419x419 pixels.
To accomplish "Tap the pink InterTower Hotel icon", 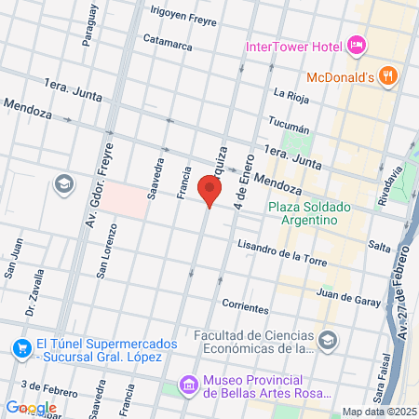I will (x=357, y=46).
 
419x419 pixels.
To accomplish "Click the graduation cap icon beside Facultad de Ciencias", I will (x=328, y=342).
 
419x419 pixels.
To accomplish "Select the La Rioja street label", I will (x=291, y=93).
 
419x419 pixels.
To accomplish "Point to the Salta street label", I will (x=379, y=245).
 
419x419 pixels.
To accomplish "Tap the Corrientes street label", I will (x=247, y=305).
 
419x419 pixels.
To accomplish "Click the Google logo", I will (x=31, y=407).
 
